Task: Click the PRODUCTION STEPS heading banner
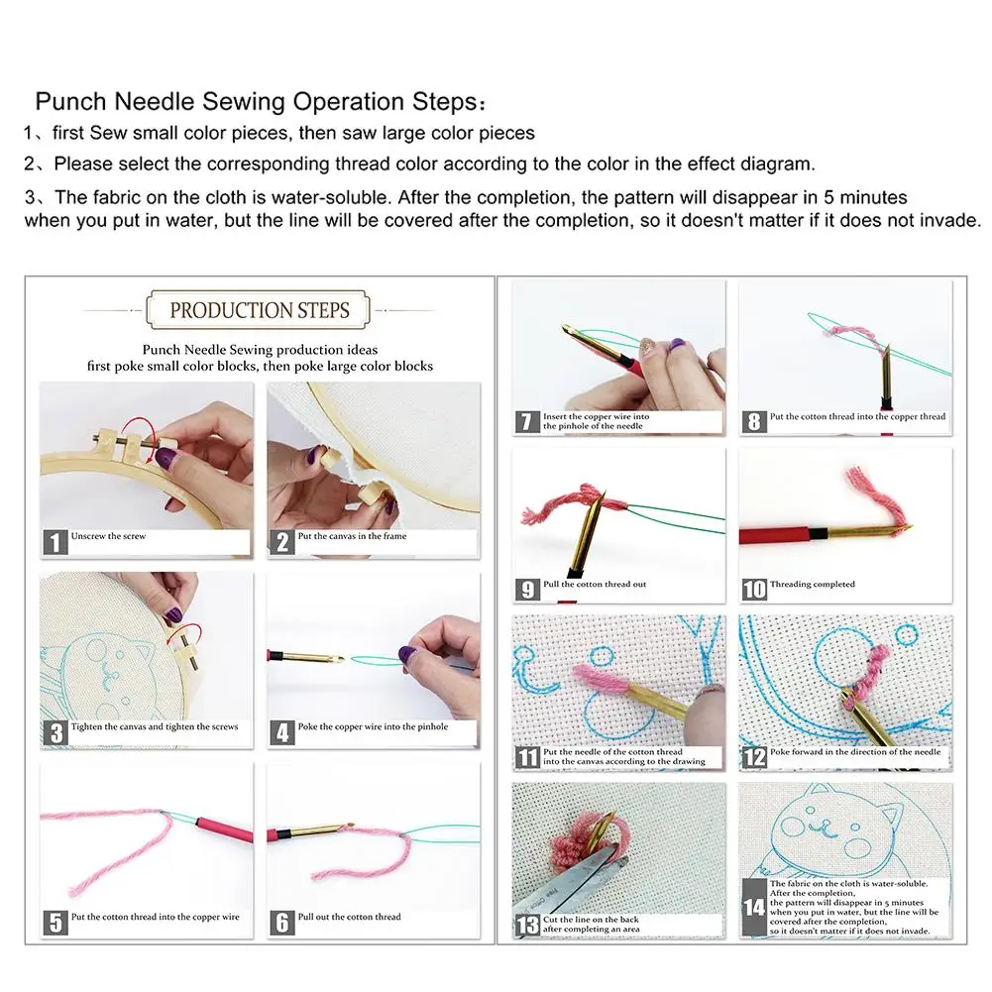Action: [259, 310]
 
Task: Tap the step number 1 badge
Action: [56, 541]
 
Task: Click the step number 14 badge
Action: [754, 907]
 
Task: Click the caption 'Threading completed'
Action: [812, 585]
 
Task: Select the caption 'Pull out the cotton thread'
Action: [350, 917]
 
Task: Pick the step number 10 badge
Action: [754, 589]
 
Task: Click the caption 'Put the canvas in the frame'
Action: [352, 536]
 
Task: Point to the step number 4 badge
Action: [283, 732]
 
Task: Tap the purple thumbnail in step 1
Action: [168, 457]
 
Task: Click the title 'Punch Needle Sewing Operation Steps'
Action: [260, 102]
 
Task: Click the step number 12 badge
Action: [754, 757]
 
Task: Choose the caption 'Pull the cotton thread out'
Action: [595, 585]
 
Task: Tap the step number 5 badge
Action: [56, 923]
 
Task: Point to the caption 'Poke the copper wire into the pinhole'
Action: [373, 726]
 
